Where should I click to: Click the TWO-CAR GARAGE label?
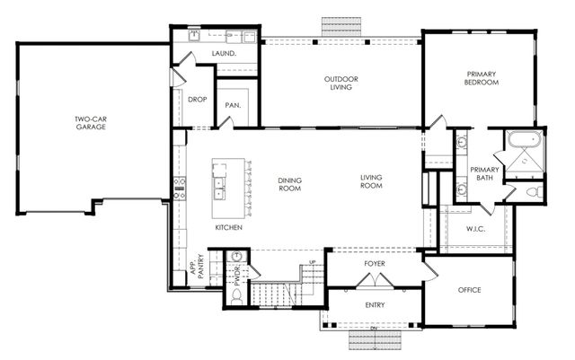pyautogui.click(x=91, y=123)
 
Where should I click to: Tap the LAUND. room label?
pyautogui.click(x=224, y=54)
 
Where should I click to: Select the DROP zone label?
pyautogui.click(x=198, y=100)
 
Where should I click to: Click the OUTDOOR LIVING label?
pyautogui.click(x=341, y=83)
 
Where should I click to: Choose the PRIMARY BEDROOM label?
pyautogui.click(x=482, y=78)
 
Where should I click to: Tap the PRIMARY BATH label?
pyautogui.click(x=484, y=173)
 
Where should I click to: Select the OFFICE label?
pyautogui.click(x=469, y=290)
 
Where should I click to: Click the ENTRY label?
pyautogui.click(x=375, y=305)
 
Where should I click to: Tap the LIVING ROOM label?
pyautogui.click(x=372, y=181)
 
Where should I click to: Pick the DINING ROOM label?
pyautogui.click(x=289, y=185)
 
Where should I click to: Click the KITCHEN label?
pyautogui.click(x=228, y=227)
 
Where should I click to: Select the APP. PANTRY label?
pyautogui.click(x=197, y=270)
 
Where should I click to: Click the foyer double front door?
pyautogui.click(x=374, y=281)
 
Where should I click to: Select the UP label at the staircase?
pyautogui.click(x=312, y=261)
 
